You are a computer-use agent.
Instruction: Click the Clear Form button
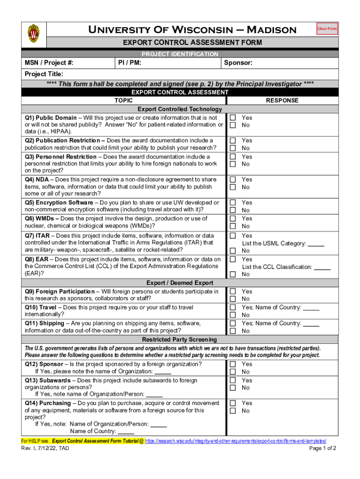coord(327,29)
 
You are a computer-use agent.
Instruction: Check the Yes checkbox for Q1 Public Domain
coord(232,118)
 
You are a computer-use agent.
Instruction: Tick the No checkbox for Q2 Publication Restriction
coord(232,148)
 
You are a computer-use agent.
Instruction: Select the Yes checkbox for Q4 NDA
coord(232,179)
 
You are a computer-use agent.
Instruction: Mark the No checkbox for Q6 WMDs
coord(232,226)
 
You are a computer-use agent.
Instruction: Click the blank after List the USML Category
coord(316,244)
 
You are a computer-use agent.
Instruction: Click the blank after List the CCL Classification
coord(322,267)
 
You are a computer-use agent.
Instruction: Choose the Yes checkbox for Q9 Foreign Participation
coord(232,291)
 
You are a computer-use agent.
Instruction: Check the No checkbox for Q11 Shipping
coord(232,331)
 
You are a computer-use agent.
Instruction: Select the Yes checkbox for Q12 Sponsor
coord(232,364)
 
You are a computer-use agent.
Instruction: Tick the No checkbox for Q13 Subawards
coord(232,388)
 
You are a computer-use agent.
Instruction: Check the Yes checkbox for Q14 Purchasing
coord(232,403)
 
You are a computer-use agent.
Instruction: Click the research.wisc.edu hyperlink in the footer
coord(236,441)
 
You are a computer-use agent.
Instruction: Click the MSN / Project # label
coord(49,63)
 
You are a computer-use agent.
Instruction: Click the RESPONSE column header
coord(282,100)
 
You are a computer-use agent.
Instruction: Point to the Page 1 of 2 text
coord(323,448)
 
